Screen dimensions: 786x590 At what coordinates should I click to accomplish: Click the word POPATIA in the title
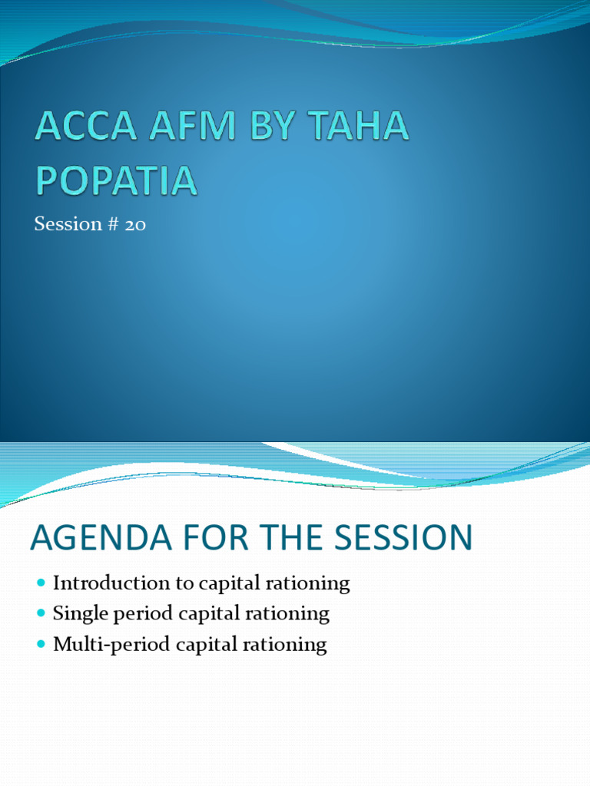pyautogui.click(x=115, y=181)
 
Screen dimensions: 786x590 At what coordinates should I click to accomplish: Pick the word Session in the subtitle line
pyautogui.click(x=68, y=225)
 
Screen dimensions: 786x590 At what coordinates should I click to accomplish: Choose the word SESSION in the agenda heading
pyautogui.click(x=409, y=538)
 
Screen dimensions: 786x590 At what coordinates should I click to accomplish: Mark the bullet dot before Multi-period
pyautogui.click(x=41, y=645)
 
